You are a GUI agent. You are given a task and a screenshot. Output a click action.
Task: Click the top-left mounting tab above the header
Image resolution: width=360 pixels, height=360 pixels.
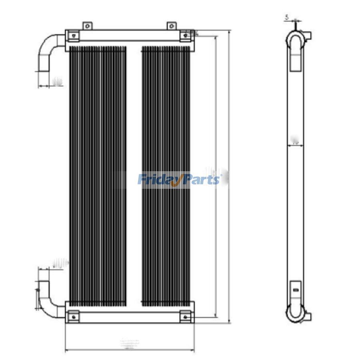point(87,26)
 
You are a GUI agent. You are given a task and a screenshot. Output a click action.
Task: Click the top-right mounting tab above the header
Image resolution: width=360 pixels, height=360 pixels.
point(171,26)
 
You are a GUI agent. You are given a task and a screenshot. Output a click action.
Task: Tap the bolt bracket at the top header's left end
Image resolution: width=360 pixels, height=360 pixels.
point(73,36)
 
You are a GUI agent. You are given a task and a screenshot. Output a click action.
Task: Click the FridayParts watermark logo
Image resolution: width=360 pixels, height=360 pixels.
point(179,179)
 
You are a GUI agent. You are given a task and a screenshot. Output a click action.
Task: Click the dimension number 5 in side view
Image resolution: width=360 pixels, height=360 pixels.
point(287,17)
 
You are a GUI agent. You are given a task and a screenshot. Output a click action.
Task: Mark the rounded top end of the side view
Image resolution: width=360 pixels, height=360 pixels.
point(296,40)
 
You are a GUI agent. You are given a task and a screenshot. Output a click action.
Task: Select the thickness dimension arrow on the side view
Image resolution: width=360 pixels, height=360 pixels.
point(295,146)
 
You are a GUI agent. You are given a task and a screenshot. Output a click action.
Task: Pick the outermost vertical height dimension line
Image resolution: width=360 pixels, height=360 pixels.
point(229,176)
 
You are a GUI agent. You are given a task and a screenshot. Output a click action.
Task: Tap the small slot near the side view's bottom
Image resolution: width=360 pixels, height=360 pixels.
point(296,290)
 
